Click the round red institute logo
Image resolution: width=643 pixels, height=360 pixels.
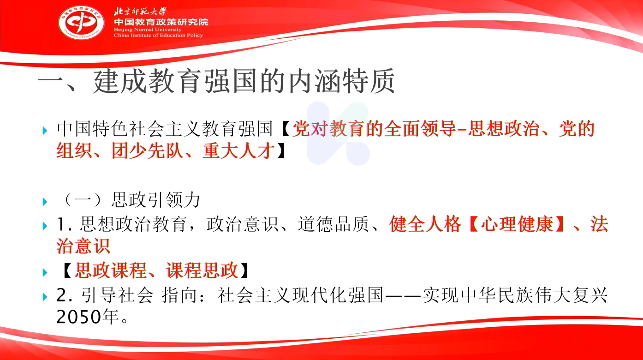pos(81,23)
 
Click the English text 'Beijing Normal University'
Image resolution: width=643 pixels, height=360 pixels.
pos(148,30)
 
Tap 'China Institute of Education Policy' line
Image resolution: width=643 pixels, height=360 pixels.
pos(158,36)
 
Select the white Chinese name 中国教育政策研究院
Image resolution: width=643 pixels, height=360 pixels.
pos(161,22)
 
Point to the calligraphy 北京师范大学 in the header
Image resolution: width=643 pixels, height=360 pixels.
pos(140,11)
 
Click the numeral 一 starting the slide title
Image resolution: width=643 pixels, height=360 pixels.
pos(51,82)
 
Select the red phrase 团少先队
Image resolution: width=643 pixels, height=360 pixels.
pos(148,151)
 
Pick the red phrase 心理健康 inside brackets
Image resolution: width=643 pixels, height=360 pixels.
pos(517,224)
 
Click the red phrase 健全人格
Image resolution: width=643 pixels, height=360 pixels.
pos(425,224)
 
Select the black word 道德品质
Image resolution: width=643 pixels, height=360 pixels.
pos(333,224)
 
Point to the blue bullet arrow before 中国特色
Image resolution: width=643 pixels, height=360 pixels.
pos(45,131)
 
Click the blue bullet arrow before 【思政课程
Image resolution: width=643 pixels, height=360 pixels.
pos(45,272)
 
